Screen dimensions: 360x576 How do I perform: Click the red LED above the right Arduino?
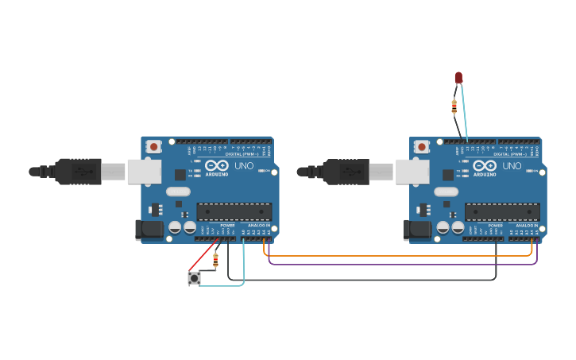coord(458,77)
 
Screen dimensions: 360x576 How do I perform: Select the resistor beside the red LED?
coord(454,106)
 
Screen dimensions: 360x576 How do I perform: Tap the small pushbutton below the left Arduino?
coord(194,278)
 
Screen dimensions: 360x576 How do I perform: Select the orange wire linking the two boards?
coord(397,256)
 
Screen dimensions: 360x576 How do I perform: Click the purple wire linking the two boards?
coord(397,264)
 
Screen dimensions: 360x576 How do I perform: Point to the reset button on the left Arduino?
coord(154,146)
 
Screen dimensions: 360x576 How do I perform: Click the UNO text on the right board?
coord(512,166)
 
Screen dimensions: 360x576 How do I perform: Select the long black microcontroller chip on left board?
coord(234,211)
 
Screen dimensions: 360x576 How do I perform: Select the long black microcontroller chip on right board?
coord(502,211)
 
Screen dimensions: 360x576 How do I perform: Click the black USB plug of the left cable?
coord(78,171)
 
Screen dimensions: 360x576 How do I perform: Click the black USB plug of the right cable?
coord(346,171)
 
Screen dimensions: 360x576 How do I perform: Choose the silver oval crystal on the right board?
coord(446,192)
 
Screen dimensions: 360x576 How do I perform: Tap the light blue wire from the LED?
coord(463,111)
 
